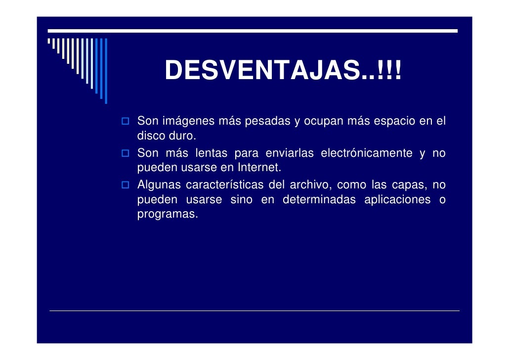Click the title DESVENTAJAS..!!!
[284, 71]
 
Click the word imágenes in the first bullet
[190, 121]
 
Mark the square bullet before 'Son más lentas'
[126, 154]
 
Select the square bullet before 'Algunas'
[126, 186]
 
